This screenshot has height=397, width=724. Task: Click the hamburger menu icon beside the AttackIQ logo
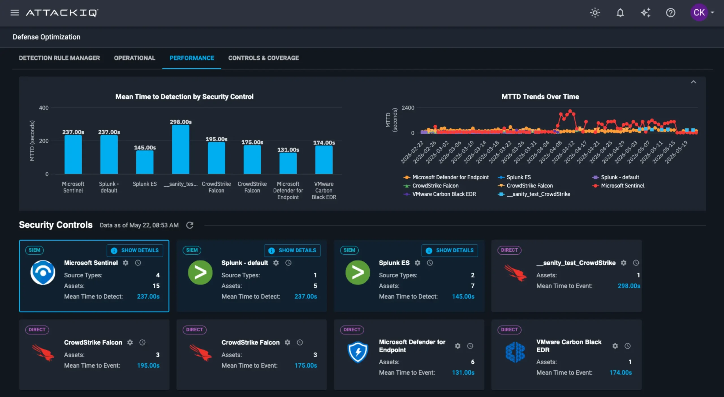point(15,13)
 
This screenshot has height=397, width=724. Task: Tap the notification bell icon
point(620,13)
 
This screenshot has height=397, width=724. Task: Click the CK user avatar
point(699,12)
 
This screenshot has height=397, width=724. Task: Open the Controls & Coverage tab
point(263,58)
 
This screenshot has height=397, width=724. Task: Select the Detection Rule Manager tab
point(59,58)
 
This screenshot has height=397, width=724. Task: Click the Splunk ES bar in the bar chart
point(145,162)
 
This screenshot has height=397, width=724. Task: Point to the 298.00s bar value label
point(181,122)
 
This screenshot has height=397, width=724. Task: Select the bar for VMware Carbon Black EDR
point(324,160)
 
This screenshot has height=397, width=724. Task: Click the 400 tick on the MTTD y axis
point(44,108)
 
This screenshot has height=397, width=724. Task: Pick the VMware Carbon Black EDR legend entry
point(440,194)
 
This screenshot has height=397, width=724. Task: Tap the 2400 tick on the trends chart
point(408,108)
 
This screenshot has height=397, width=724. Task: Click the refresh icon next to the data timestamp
point(190,225)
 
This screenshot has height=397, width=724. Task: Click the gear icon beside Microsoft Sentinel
point(126,263)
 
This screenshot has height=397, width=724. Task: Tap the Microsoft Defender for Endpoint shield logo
point(358,352)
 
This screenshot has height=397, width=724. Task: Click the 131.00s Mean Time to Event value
point(463,373)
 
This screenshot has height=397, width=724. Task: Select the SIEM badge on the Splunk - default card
point(192,250)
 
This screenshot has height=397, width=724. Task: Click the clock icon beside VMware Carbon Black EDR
point(628,346)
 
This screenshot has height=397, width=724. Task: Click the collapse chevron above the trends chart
point(693,82)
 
